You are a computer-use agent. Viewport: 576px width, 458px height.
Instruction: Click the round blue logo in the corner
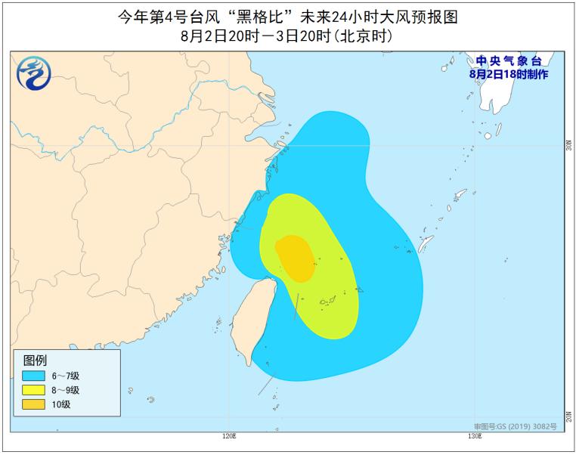(x=33, y=74)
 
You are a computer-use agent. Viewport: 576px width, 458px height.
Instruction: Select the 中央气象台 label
(x=508, y=61)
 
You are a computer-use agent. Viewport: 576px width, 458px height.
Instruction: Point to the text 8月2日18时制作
(x=508, y=74)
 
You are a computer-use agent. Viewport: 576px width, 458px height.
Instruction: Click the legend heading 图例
(x=36, y=360)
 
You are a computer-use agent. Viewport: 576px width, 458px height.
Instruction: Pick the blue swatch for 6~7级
(x=35, y=376)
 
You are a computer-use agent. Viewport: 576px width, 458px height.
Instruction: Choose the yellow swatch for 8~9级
(x=35, y=390)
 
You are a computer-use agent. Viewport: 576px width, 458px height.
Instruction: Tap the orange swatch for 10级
(x=35, y=404)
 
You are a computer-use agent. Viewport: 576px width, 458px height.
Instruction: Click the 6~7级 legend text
(x=67, y=376)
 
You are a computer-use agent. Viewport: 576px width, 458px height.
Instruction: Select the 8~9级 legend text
(x=67, y=390)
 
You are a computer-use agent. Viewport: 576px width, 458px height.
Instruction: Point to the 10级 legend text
(x=61, y=404)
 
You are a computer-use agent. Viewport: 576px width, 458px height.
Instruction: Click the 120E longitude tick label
(x=229, y=436)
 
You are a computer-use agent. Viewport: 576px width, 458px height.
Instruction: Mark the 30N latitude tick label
(x=568, y=146)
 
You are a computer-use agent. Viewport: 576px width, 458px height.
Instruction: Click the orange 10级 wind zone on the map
(x=296, y=257)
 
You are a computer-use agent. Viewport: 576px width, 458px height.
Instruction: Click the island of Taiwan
(x=252, y=314)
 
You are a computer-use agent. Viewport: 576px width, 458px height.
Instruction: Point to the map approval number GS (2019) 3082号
(x=527, y=426)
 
